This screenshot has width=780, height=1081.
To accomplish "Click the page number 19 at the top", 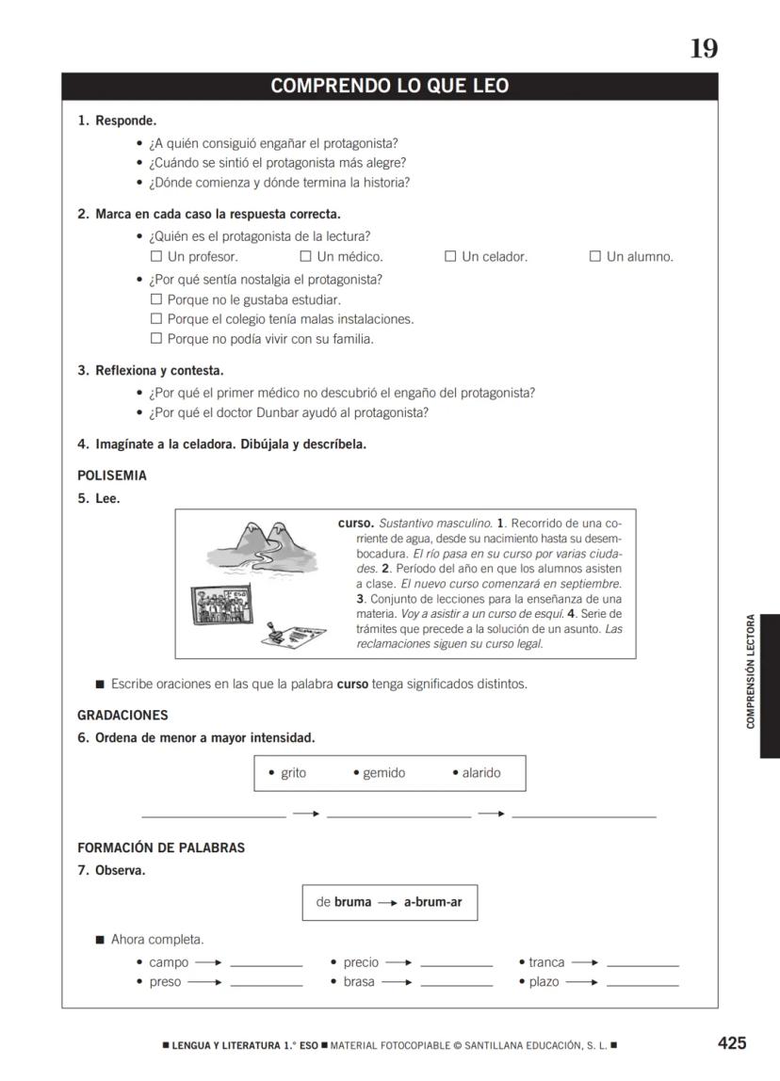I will [x=704, y=49].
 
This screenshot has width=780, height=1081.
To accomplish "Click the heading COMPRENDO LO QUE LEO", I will [x=389, y=87].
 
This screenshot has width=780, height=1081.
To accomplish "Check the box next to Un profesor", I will [x=157, y=256].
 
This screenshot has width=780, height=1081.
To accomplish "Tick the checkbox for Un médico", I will [x=305, y=256].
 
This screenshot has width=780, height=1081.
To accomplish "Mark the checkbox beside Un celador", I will [x=450, y=256].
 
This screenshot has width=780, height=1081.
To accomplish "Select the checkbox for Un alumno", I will [x=595, y=256].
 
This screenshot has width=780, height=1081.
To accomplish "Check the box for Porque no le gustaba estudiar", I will [x=157, y=299].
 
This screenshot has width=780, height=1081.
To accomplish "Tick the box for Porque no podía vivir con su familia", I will [x=157, y=339].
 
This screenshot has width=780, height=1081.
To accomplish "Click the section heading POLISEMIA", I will [x=112, y=476].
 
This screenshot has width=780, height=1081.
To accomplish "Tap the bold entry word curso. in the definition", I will [x=356, y=523].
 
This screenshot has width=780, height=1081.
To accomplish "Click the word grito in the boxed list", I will [x=293, y=773].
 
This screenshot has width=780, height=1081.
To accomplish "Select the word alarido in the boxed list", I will [x=481, y=773].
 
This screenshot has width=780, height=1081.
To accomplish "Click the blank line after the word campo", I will [x=267, y=965].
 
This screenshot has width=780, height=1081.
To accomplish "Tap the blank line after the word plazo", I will [x=642, y=985].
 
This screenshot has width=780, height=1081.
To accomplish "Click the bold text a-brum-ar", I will [x=432, y=902].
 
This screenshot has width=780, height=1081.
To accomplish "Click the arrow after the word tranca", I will [x=585, y=962].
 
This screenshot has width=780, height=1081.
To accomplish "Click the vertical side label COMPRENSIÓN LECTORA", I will [x=751, y=671].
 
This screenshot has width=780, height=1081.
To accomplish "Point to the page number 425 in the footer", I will [x=732, y=1042].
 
